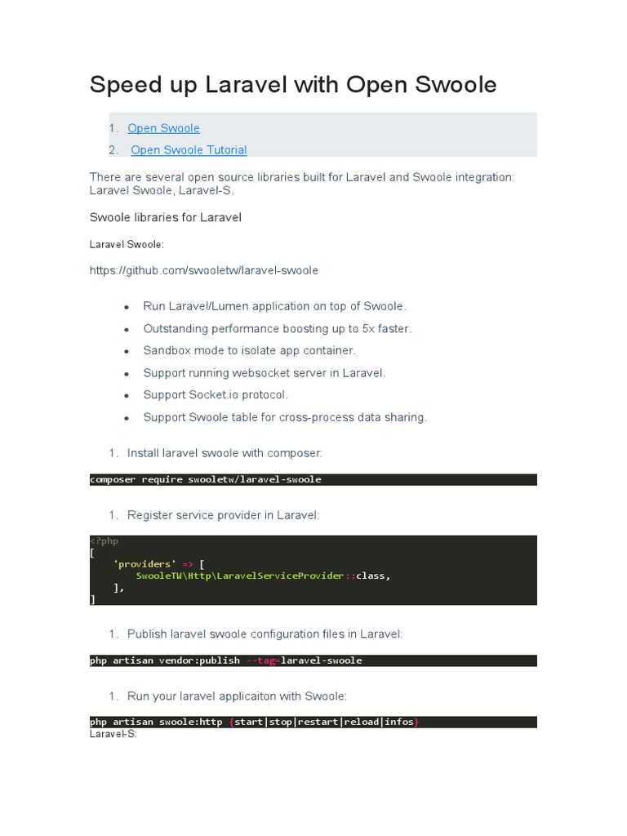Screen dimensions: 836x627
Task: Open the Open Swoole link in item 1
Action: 163,128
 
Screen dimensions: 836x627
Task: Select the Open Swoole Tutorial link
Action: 189,149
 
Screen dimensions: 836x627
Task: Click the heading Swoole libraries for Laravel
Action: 165,218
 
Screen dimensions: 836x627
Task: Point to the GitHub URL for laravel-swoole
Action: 203,270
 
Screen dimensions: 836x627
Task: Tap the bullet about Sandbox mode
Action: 249,350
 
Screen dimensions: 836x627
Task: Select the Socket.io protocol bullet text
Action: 216,394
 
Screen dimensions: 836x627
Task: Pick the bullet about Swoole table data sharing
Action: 285,417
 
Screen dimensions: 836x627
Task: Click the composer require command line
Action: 206,479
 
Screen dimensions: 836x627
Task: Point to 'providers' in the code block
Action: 144,563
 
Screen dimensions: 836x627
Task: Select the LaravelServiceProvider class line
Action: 263,576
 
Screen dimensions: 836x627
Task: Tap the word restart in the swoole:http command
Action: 320,723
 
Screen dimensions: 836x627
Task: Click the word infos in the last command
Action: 398,723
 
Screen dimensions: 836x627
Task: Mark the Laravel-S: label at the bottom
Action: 113,734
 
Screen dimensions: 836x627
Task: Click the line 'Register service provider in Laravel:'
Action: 223,515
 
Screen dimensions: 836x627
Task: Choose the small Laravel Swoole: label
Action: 127,244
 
